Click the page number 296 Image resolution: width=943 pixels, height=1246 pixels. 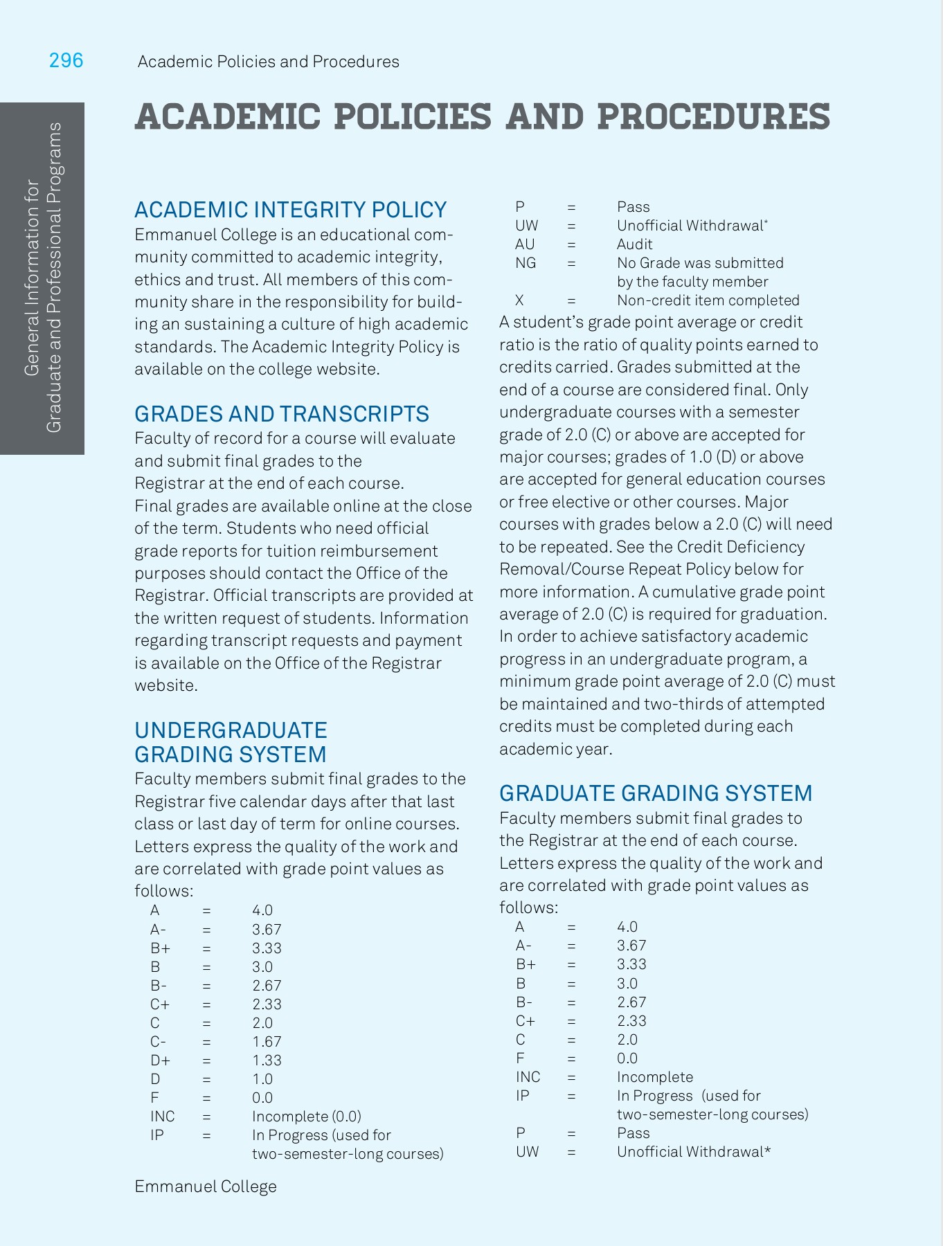point(66,61)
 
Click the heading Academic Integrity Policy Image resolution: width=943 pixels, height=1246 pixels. point(290,210)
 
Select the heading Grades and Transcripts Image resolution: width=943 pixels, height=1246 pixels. point(281,414)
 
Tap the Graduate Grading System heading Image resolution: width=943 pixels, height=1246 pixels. point(655,793)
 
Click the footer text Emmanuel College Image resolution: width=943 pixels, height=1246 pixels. point(205,1186)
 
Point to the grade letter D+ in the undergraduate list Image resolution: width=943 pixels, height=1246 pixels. point(160,1060)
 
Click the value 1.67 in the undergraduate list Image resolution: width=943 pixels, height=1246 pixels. point(267,1042)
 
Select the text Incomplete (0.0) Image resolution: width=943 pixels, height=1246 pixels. point(306,1117)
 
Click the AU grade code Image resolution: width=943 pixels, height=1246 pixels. point(525,244)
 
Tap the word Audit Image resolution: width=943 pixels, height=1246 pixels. point(634,244)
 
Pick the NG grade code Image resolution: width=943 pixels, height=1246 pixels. point(526,263)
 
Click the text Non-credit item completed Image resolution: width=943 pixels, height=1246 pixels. point(708,300)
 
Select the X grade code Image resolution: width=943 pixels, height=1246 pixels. point(519,300)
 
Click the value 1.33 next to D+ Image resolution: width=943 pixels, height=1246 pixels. point(267,1060)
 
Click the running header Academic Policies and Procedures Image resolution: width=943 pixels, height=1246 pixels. point(268,62)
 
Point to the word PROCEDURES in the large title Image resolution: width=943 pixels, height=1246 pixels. point(712,116)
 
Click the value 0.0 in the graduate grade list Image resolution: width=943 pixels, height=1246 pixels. point(627,1058)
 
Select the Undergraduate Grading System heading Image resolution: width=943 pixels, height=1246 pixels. point(231,742)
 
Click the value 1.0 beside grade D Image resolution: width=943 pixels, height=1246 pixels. point(262,1079)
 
